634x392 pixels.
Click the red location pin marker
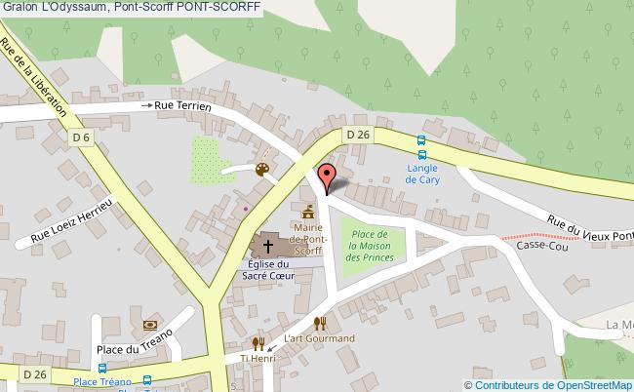327,176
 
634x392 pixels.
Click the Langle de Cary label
421,174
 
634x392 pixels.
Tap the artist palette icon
261,171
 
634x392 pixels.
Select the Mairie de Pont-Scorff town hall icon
308,212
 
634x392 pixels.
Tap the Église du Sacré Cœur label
268,270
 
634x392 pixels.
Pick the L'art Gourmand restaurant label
319,338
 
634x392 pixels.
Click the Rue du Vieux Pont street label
591,227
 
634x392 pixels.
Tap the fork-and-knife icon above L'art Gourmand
319,323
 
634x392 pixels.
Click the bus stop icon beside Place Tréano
147,380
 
